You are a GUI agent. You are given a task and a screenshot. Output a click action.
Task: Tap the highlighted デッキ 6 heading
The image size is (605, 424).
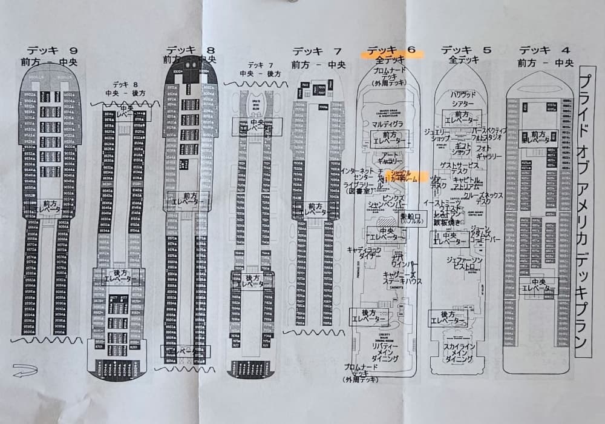[392, 51]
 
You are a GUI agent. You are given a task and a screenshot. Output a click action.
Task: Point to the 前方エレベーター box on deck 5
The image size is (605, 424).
[463, 117]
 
